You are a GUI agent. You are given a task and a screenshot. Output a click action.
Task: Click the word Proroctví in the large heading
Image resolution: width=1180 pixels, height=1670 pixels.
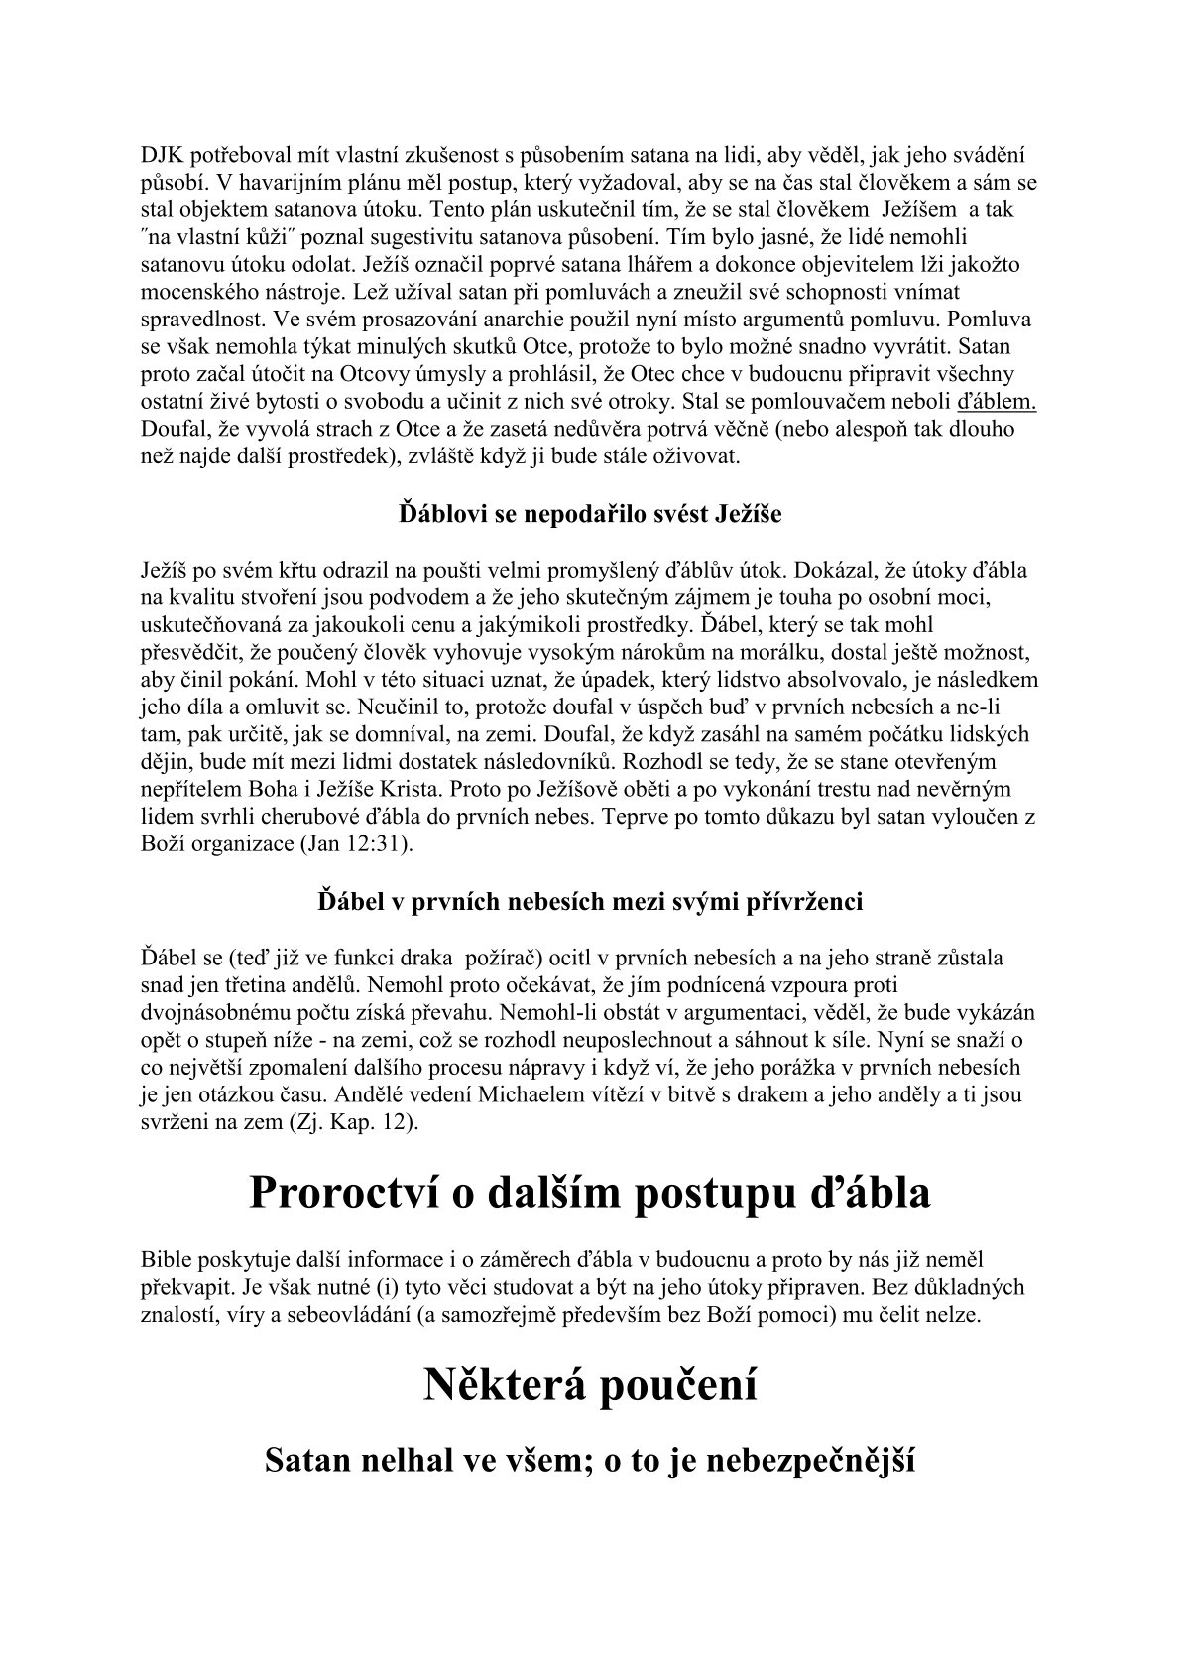coord(342,1193)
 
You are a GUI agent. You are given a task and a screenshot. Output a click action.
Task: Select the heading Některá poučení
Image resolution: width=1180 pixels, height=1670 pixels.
coord(590,1385)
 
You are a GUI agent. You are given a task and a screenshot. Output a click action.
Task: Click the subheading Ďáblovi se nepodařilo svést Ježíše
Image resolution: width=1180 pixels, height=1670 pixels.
coord(590,515)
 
